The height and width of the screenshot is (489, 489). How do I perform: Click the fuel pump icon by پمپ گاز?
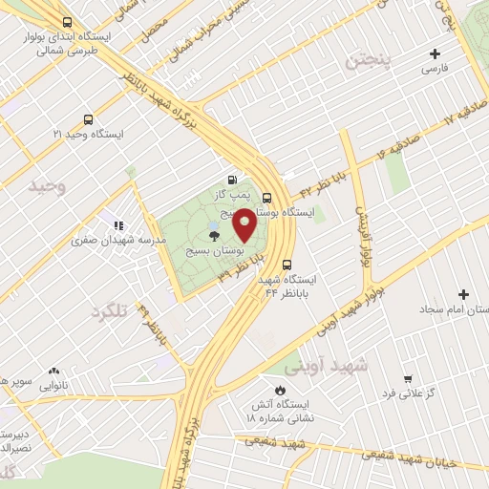coord(232,179)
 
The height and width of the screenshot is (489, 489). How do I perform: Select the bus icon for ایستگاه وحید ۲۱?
coord(89,120)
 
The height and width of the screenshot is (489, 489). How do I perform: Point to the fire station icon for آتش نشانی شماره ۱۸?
coord(278,391)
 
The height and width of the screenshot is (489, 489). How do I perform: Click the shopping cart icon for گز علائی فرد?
coord(408,379)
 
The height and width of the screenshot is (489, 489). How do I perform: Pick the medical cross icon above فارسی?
coord(436,54)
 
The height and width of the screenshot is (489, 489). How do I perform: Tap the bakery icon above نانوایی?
coord(53,371)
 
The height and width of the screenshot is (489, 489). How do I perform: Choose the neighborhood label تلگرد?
coord(109,311)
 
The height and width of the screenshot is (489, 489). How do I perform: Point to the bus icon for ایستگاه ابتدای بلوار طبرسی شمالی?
coord(66,21)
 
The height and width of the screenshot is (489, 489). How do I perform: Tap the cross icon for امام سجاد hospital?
coord(465,294)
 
